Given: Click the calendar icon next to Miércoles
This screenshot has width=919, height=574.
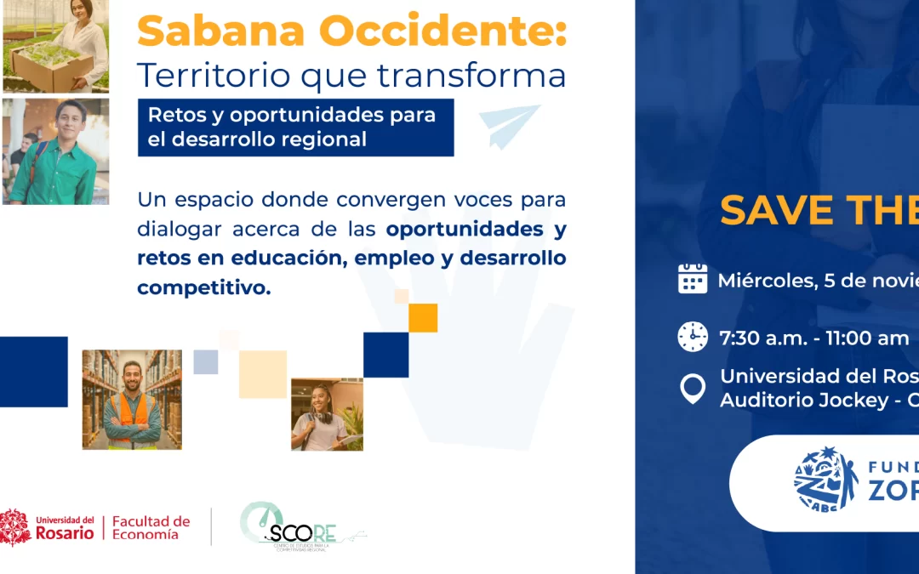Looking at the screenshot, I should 693,279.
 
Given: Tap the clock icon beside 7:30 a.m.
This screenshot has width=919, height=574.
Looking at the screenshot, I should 693,337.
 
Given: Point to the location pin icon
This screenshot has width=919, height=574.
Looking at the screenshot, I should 693,389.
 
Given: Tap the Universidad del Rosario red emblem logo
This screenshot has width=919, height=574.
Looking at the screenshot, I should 14,527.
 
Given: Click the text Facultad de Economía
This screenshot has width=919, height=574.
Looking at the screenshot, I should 151,527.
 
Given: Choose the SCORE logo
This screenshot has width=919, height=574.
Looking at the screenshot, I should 298,527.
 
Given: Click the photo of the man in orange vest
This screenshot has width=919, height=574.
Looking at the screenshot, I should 132,400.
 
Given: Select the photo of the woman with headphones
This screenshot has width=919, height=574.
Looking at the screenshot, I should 327,414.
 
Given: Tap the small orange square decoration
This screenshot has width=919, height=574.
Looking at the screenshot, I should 423,317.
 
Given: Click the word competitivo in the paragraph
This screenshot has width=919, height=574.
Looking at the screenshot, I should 203,288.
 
